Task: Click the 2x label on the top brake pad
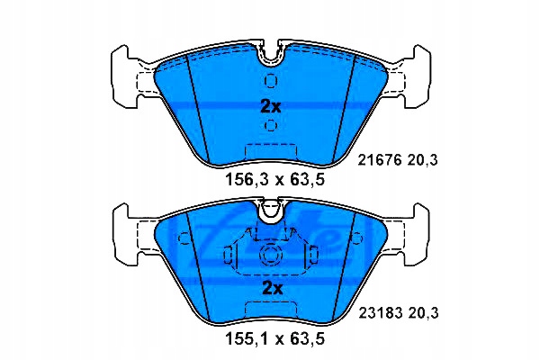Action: pyautogui.click(x=271, y=106)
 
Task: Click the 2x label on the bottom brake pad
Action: pyautogui.click(x=271, y=288)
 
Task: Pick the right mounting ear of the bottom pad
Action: pyautogui.click(x=416, y=232)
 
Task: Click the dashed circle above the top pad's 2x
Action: pyautogui.click(x=271, y=80)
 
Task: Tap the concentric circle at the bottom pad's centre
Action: pyautogui.click(x=271, y=255)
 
